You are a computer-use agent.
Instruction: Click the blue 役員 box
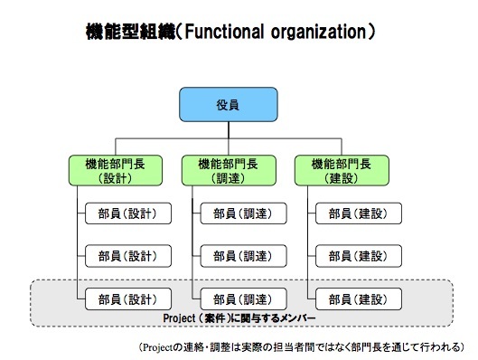[229, 105]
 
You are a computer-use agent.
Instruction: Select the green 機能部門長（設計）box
[116, 171]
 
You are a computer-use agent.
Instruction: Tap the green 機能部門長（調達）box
[229, 171]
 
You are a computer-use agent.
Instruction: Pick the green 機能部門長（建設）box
[342, 171]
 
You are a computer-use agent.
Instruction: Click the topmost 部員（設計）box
[128, 213]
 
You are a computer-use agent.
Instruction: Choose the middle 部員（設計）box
[128, 256]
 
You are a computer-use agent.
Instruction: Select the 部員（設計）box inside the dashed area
[128, 299]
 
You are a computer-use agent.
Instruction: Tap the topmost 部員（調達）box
[243, 213]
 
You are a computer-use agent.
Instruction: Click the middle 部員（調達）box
[243, 256]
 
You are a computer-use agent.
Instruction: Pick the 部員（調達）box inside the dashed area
[243, 299]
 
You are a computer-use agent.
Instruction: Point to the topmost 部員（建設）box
[359, 213]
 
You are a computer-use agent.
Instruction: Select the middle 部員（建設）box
[359, 256]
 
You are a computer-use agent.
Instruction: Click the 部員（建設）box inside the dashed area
[359, 299]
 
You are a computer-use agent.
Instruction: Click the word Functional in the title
[224, 32]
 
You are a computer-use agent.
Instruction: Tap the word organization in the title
[318, 33]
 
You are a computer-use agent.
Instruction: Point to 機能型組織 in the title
[131, 32]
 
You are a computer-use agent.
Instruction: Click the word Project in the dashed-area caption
[179, 318]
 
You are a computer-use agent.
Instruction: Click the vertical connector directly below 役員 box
[229, 130]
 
